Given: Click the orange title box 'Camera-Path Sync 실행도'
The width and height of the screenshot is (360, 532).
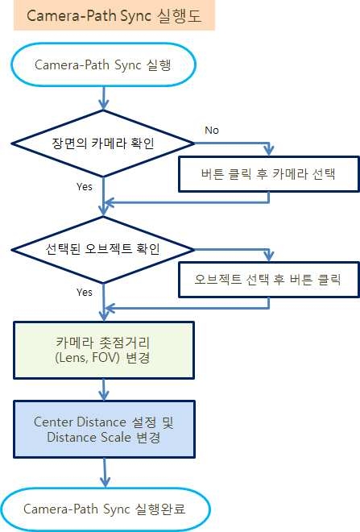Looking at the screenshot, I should [114, 16].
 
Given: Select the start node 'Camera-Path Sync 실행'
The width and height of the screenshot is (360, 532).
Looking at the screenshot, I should [103, 63].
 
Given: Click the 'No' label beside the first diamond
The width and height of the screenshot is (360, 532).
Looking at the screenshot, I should [212, 130].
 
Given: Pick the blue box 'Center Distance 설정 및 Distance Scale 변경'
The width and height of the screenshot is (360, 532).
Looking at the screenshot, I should [103, 430].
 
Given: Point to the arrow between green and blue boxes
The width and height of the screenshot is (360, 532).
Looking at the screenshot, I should [103, 391].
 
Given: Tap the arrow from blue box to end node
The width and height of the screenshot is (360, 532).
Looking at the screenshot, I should [103, 472].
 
